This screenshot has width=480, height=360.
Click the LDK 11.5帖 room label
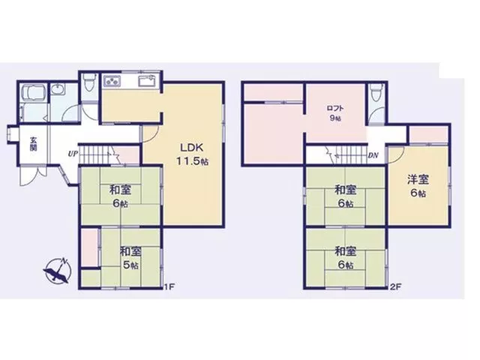coord(192,154)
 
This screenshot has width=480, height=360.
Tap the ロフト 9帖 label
coord(335,113)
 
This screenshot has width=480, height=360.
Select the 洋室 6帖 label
coord(418,186)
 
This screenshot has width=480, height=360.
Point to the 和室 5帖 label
coord(130,258)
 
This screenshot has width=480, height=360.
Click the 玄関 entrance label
coord(34,144)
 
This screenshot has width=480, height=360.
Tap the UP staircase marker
coord(73,154)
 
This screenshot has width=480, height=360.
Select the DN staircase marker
coord(373,155)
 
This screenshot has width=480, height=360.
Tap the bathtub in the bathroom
coord(34,93)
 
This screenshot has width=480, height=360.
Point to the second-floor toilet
coord(376,91)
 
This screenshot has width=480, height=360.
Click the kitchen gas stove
coord(112,81)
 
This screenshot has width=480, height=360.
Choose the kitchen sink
coord(148,82)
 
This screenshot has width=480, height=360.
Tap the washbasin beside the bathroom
coord(58,89)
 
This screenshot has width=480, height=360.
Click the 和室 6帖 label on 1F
coord(120,196)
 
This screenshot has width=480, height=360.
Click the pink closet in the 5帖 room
coord(90,247)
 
